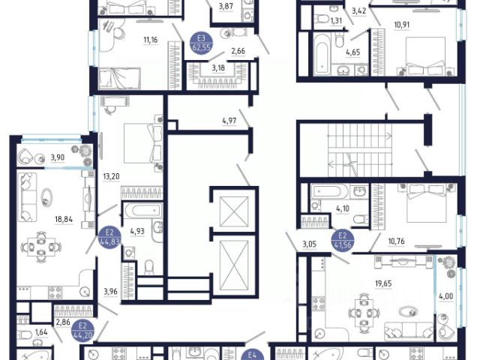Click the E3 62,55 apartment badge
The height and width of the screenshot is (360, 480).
click(201, 43)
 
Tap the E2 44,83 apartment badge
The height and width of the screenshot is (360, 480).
click(109, 236)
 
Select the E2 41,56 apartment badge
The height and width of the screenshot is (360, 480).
click(343, 240)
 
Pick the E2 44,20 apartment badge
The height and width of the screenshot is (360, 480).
click(82, 331)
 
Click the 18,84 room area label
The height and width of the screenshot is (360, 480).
click(64, 219)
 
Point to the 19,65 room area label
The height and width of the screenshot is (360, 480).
click(383, 283)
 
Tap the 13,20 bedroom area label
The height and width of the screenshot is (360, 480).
click(111, 177)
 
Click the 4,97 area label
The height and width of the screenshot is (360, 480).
click(229, 121)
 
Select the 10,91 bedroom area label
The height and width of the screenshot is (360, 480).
click(402, 25)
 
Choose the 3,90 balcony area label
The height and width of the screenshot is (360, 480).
click(58, 157)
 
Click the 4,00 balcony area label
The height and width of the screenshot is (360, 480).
click(446, 296)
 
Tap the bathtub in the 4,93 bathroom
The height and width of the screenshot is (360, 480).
click(142, 210)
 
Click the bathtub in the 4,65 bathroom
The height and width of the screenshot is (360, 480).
click(322, 54)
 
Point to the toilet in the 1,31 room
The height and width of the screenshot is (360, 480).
click(322, 19)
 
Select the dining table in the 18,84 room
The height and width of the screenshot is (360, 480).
click(41, 247)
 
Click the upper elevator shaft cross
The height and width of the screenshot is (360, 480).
click(234, 211)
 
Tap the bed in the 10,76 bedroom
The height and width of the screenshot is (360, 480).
click(427, 203)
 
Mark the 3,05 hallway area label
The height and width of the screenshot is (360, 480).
click(310, 244)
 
